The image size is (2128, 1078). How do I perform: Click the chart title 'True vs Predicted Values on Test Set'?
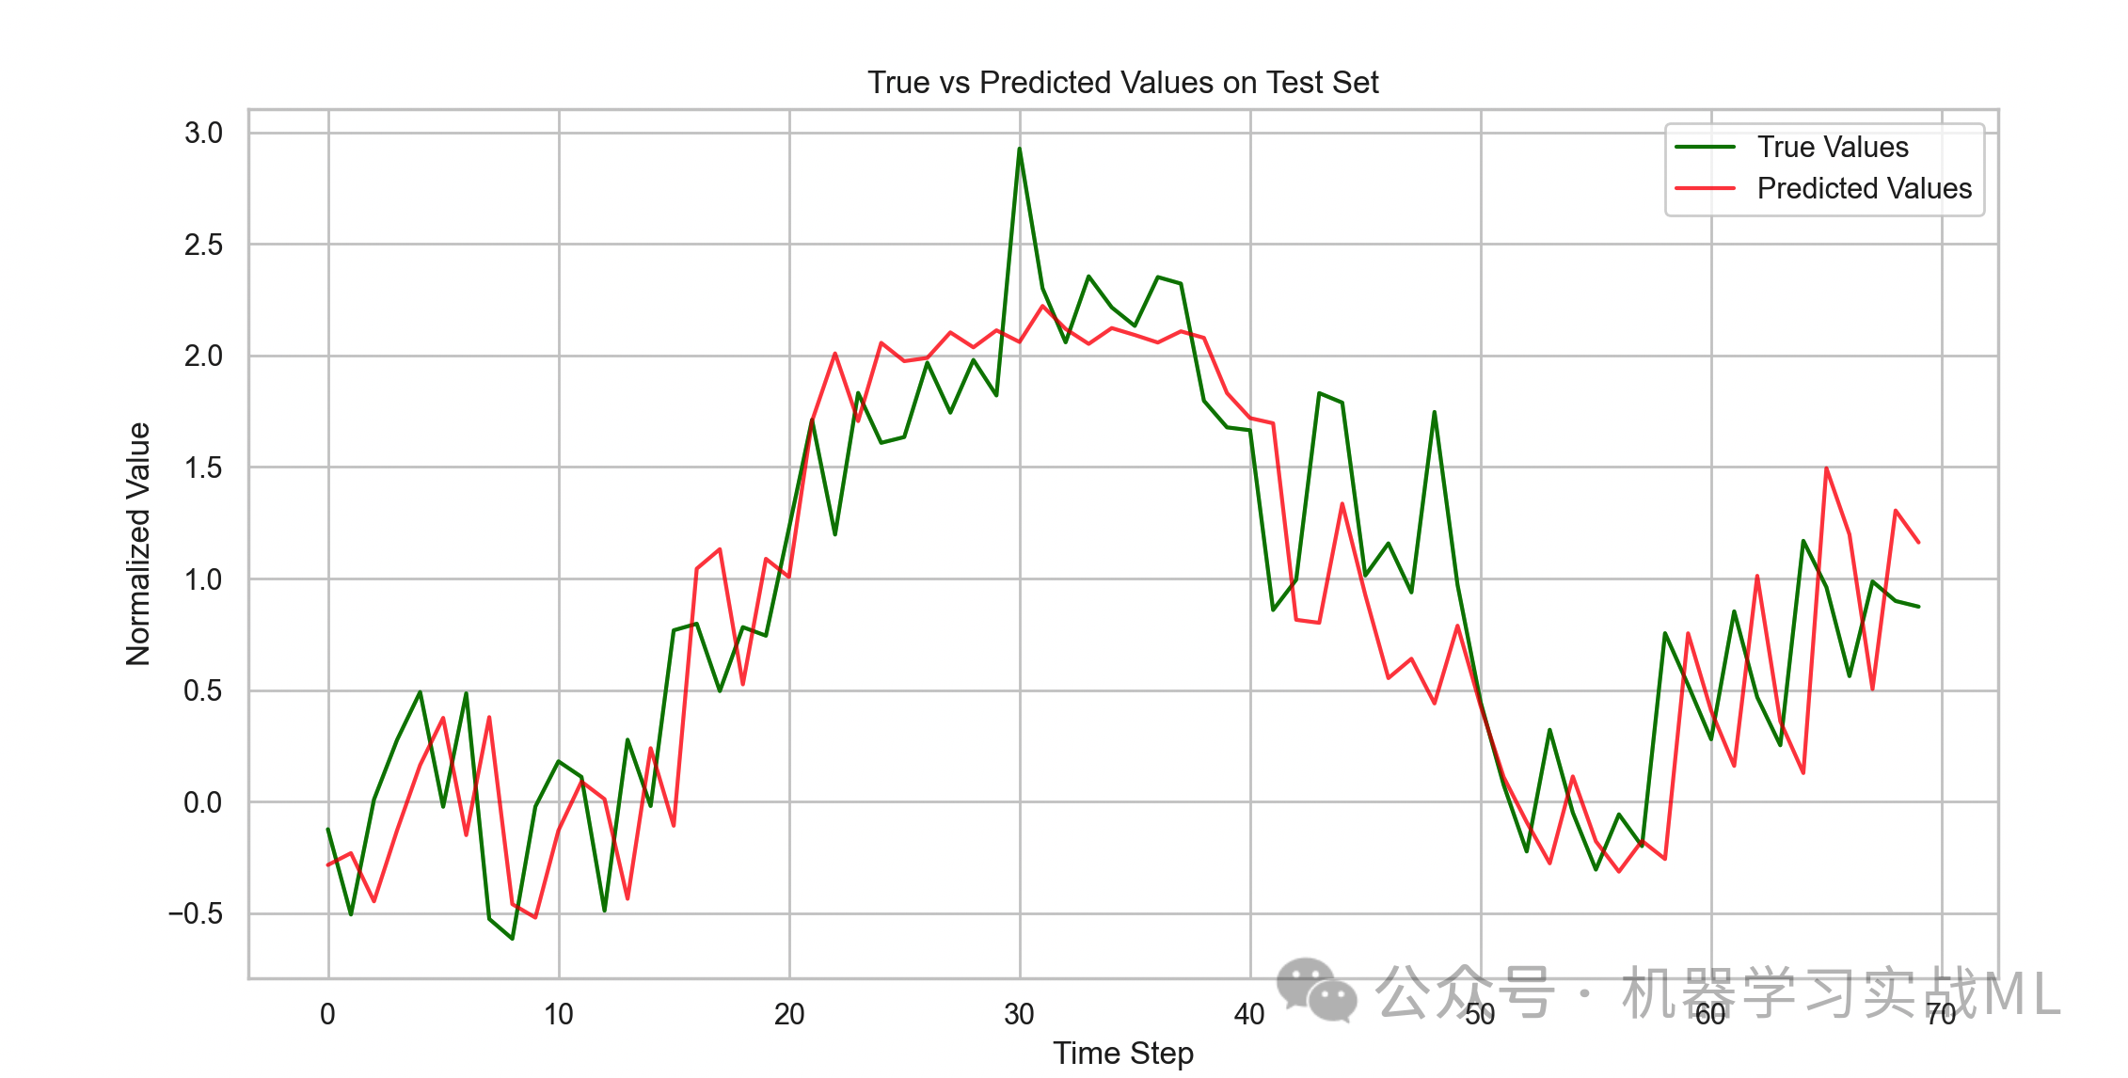click(1122, 83)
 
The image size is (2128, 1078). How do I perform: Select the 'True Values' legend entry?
click(1832, 148)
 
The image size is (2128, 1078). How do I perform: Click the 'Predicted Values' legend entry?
click(1864, 189)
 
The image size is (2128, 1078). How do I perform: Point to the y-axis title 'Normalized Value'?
click(138, 544)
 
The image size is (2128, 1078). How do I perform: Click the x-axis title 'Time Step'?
click(1122, 1054)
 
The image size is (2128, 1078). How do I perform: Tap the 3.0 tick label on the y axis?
click(203, 133)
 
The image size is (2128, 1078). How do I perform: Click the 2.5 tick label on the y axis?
click(203, 245)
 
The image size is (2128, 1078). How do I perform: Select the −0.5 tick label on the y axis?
click(196, 913)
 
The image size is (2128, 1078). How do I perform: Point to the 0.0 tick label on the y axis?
click(203, 802)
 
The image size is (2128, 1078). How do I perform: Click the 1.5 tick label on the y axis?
click(203, 468)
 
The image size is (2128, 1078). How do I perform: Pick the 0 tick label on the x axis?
click(327, 1014)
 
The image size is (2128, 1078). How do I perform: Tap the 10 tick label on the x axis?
click(558, 1014)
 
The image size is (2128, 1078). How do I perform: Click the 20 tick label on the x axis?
click(788, 1014)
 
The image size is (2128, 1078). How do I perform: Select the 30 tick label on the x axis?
click(1019, 1014)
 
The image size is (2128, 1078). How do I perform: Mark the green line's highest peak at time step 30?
click(1019, 149)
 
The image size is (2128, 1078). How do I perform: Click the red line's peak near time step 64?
click(1826, 468)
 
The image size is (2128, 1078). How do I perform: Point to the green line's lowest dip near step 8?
click(512, 938)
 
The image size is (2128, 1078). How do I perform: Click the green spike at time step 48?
click(1434, 412)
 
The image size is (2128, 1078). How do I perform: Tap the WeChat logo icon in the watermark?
click(1316, 990)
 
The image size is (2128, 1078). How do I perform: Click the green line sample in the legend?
click(1705, 148)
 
